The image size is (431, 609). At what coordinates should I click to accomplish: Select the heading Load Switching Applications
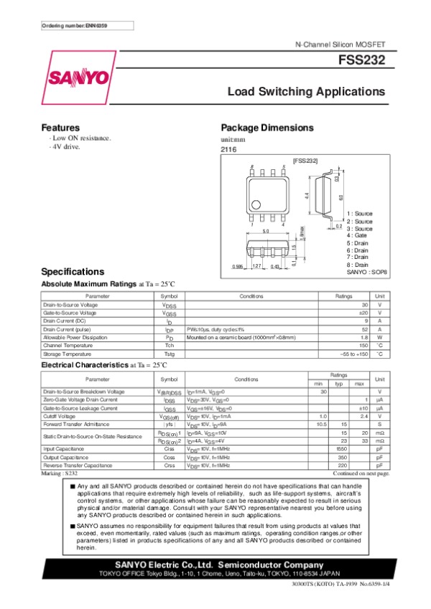(307, 92)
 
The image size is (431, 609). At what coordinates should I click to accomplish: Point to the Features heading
(60, 127)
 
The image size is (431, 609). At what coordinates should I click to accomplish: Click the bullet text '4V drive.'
(65, 146)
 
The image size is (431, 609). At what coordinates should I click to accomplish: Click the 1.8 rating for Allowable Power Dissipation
(346, 337)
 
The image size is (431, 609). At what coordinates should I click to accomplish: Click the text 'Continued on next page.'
(361, 474)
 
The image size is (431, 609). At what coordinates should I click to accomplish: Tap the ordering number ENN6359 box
(75, 26)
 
